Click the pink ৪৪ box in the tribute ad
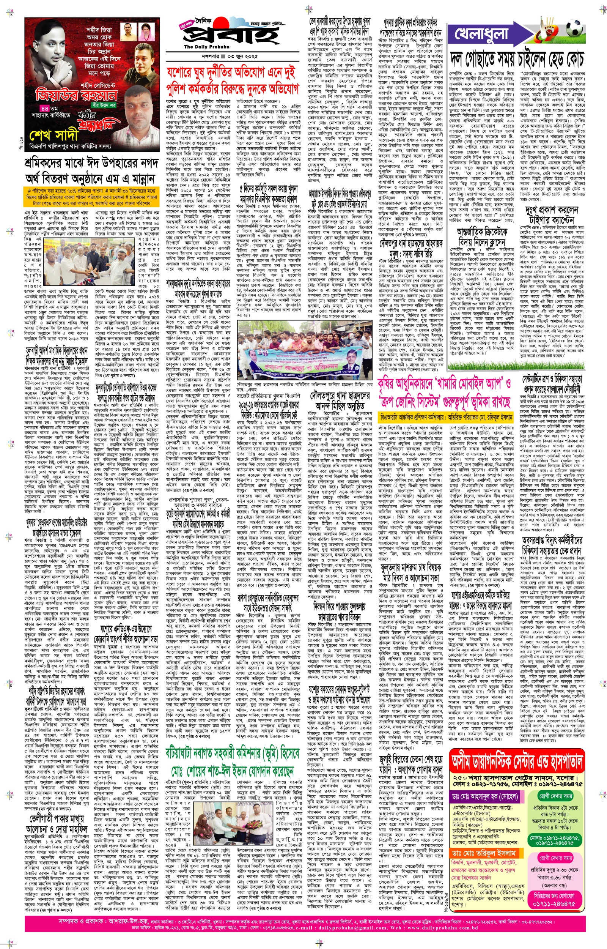[x=44, y=108]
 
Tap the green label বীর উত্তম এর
[x=103, y=105]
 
